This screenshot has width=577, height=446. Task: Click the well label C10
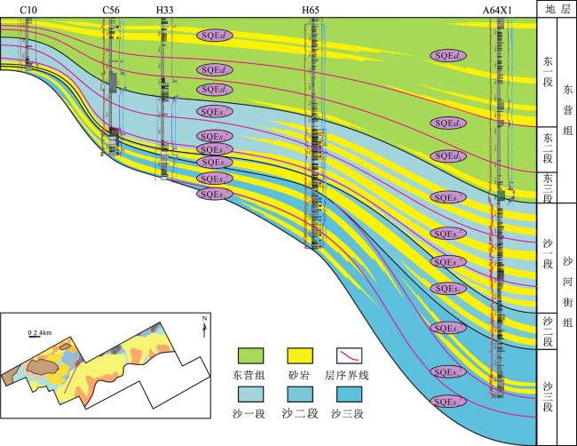27,9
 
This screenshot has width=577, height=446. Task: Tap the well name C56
112,9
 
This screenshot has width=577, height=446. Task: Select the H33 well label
164,9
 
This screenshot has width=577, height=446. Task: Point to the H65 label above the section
311,9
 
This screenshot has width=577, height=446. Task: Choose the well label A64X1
498,9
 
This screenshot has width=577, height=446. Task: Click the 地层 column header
557,9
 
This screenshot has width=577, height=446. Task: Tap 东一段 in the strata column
548,72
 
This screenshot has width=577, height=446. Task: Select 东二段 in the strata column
548,147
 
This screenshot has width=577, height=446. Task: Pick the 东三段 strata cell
548,186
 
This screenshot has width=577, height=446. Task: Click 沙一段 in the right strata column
548,258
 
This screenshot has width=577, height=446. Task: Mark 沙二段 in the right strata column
548,331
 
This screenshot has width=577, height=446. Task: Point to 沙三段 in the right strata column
548,396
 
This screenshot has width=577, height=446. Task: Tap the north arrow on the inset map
204,325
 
